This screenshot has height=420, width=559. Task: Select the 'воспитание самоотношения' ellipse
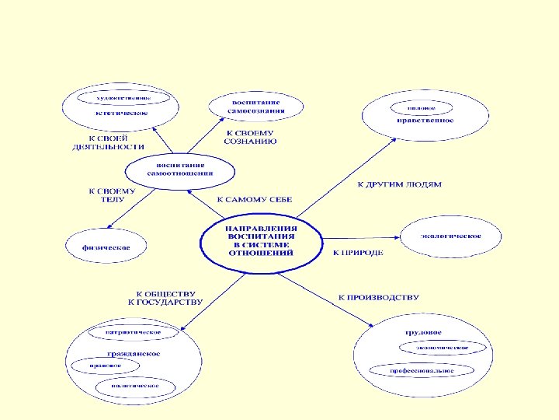[x=181, y=170]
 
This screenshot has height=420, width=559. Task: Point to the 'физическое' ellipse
[x=106, y=247]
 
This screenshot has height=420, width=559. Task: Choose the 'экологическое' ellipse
[x=450, y=236]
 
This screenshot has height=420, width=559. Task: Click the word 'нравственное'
[x=425, y=121]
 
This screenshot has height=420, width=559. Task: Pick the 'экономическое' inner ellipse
[x=442, y=348]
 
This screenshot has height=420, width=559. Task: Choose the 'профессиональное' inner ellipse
[x=422, y=371]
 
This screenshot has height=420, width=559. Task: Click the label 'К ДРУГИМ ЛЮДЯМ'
[x=398, y=185]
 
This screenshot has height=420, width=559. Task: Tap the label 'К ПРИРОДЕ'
[x=358, y=254]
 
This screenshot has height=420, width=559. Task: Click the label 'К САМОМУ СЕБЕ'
[x=254, y=200]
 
